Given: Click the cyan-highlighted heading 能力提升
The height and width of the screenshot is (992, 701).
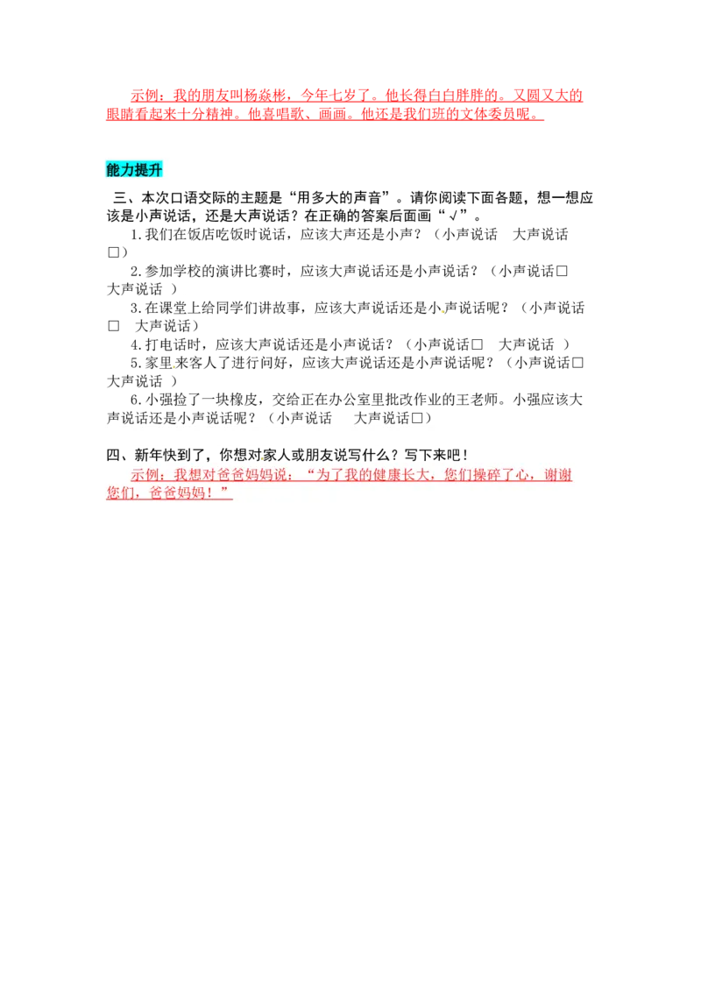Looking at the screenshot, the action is point(134,170).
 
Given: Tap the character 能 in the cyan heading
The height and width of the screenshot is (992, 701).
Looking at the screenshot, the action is point(113,170).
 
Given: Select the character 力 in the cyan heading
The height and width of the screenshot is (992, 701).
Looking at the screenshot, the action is point(127,170).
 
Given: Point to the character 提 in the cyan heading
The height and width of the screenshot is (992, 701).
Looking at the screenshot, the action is point(141,170).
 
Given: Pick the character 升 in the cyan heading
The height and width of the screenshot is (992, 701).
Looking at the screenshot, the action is point(155,170).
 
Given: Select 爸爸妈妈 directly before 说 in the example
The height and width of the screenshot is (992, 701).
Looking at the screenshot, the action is point(261,475).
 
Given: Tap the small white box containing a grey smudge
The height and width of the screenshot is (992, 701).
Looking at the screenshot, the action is point(192,295).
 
